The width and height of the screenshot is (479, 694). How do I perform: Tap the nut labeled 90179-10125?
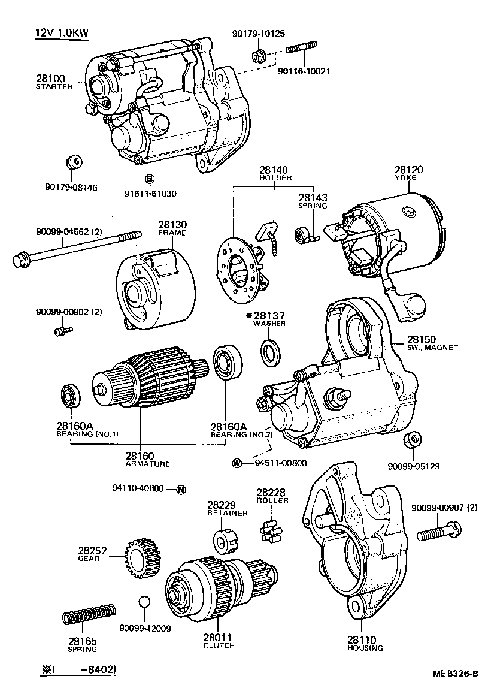(258, 56)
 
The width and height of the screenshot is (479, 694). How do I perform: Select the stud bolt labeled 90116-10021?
(301, 48)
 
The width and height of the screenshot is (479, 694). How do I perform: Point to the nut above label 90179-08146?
(75, 162)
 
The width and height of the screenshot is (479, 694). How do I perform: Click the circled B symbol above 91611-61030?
(150, 179)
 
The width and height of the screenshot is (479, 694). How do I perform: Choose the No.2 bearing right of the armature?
(228, 362)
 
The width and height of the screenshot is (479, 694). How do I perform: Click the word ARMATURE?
(147, 464)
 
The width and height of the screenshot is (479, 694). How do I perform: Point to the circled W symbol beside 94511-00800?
(237, 463)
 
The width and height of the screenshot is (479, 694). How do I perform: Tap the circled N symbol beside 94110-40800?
(181, 490)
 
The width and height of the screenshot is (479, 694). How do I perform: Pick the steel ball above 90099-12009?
(144, 602)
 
